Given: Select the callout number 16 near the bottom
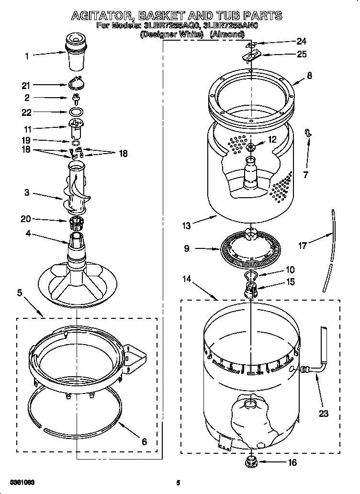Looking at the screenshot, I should click(292, 462).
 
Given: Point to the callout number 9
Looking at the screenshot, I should click(186, 248).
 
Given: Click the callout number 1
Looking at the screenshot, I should click(27, 56).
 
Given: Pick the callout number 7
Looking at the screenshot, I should click(305, 174).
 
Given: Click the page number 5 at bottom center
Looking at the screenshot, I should click(178, 483).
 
